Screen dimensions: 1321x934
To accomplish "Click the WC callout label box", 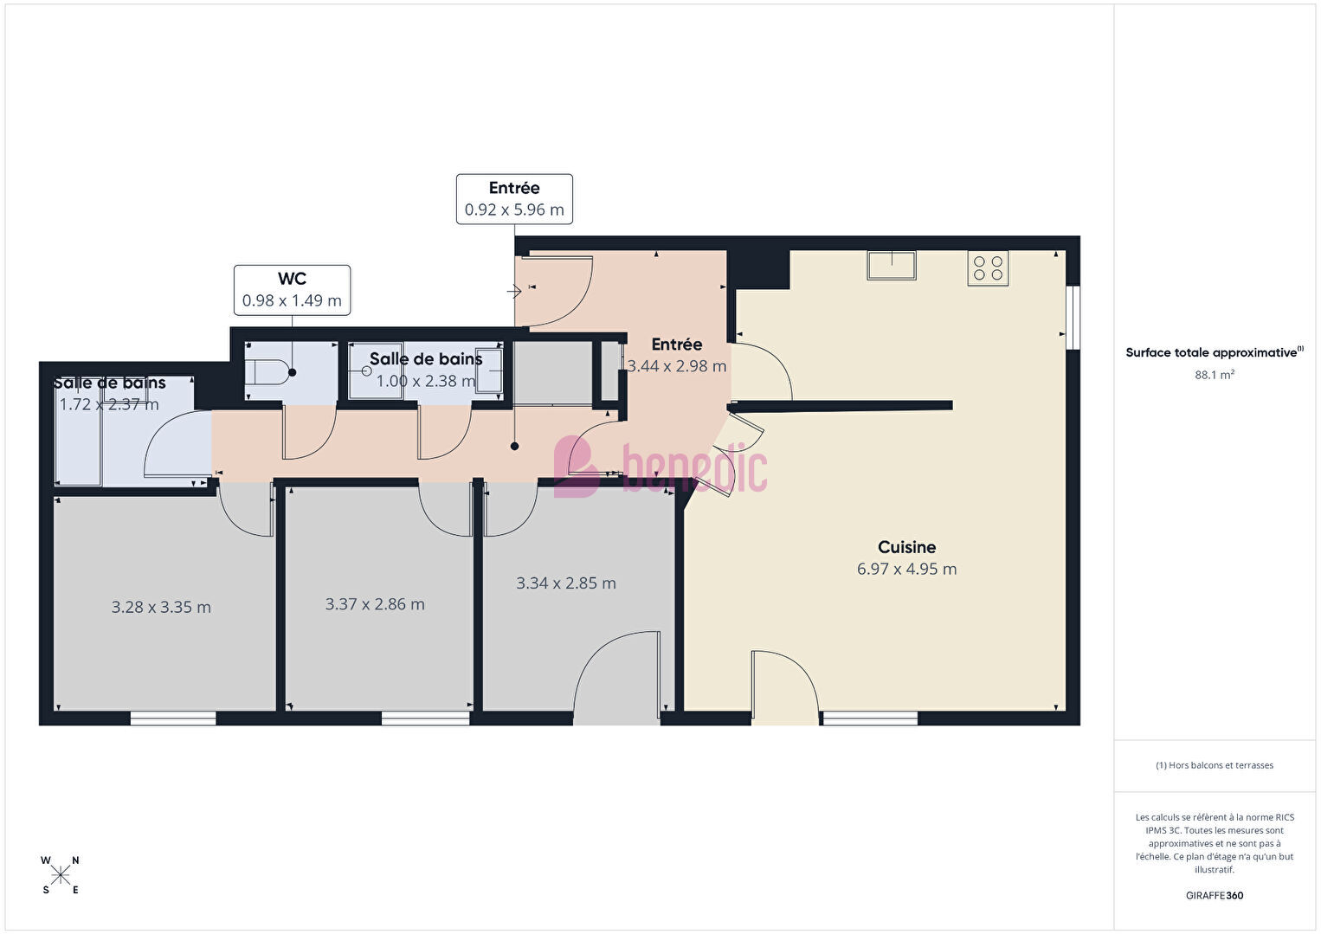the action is (292, 289).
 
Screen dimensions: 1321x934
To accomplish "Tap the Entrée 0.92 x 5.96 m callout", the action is (514, 199).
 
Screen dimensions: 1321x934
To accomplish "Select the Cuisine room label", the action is (906, 547).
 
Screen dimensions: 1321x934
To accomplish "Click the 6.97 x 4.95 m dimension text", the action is (906, 569).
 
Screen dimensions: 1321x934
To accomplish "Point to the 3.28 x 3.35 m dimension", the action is (161, 607).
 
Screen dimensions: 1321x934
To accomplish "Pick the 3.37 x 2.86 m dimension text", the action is (375, 604).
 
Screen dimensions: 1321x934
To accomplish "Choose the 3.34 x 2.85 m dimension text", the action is (566, 583).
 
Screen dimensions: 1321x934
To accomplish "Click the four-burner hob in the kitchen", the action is (988, 268).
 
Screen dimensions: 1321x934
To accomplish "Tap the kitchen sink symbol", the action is (891, 265).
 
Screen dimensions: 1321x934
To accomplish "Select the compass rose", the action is (60, 875).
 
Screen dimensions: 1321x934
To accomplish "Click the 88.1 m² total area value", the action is (1215, 375).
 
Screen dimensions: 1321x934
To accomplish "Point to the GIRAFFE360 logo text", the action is (1215, 895).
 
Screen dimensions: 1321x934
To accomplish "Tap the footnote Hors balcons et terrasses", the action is (1215, 764).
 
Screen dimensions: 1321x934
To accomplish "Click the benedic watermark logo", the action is (660, 467).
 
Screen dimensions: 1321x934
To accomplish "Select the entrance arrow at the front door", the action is (513, 291).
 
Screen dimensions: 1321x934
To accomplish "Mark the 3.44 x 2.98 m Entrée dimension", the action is (676, 366).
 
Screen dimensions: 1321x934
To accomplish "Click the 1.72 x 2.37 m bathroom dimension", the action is (109, 404).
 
